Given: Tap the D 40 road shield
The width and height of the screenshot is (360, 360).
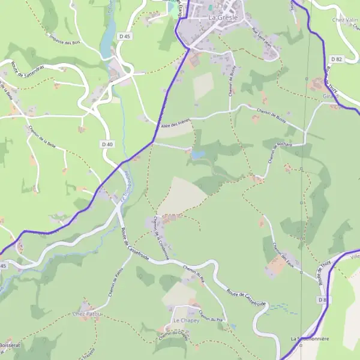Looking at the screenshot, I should (107, 144).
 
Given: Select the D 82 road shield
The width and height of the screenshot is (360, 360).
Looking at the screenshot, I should (336, 59).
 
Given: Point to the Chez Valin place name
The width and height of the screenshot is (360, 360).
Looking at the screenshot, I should (345, 19).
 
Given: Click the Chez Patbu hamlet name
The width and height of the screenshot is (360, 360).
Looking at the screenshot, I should (88, 314).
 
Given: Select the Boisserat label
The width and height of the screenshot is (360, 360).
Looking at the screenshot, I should (10, 346).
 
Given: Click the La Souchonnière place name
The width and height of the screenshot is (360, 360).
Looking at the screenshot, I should (310, 338).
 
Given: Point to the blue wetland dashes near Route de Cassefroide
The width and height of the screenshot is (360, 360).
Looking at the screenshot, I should (282, 309).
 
